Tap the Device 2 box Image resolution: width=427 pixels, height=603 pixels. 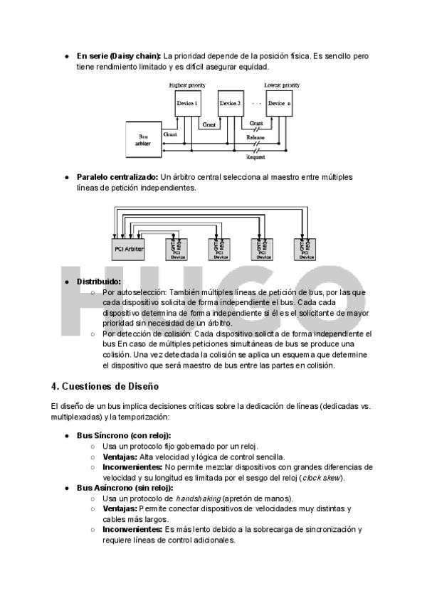[230, 104]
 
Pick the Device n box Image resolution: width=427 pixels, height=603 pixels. [280, 104]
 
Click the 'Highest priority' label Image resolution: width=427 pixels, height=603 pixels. [187, 85]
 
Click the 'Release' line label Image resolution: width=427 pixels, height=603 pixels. [255, 137]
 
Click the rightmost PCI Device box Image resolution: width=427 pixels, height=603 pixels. [305, 249]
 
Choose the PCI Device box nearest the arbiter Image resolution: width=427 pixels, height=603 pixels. [176, 249]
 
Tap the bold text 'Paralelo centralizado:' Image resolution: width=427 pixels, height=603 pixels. [117, 176]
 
